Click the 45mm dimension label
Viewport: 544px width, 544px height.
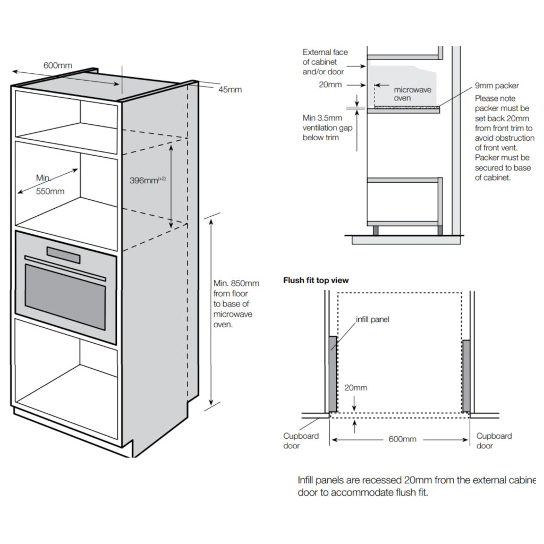[230, 89]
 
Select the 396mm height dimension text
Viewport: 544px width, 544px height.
[148, 180]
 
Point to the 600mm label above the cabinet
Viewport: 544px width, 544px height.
[57, 66]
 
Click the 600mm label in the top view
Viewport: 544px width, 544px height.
[402, 439]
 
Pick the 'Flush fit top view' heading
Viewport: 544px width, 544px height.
[316, 280]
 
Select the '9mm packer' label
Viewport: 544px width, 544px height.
[497, 86]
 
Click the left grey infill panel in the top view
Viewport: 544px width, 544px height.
[332, 375]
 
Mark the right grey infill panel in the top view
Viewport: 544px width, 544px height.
[466, 376]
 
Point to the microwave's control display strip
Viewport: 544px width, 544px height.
[64, 256]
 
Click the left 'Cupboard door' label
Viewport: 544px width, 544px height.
[300, 440]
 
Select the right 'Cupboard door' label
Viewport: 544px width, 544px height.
[494, 440]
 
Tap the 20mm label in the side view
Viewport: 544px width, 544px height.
[330, 85]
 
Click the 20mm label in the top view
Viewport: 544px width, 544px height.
[355, 388]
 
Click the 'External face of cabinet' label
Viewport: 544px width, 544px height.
[325, 62]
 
